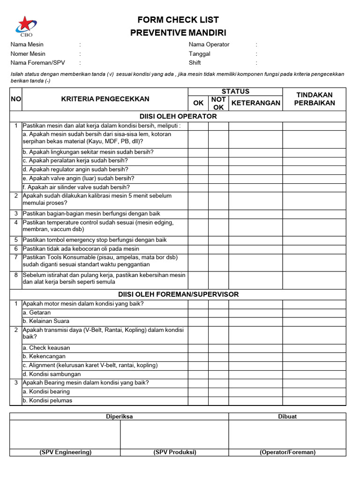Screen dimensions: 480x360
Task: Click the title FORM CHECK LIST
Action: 178,20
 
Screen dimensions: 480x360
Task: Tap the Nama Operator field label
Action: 209,45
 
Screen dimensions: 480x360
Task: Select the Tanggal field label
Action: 199,53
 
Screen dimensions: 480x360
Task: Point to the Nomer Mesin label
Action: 28,53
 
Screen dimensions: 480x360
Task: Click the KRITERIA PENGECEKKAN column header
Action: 105,99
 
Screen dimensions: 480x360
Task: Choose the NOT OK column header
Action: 218,103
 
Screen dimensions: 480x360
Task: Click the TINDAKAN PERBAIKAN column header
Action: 314,99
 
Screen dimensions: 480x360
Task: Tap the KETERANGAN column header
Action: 256,103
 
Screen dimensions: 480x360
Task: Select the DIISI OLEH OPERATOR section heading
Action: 178,116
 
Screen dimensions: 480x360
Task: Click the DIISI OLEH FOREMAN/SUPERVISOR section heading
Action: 178,294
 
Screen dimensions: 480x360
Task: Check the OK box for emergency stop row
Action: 198,240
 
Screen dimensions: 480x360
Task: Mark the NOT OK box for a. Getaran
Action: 218,313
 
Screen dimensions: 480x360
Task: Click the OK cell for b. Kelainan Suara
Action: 198,321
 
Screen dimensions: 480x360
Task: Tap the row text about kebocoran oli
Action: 81,249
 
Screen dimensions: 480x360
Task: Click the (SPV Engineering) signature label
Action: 65,452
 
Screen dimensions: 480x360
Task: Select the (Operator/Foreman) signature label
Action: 287,452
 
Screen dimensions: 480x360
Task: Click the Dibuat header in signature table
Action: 287,416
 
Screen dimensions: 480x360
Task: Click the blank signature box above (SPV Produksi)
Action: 174,435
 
